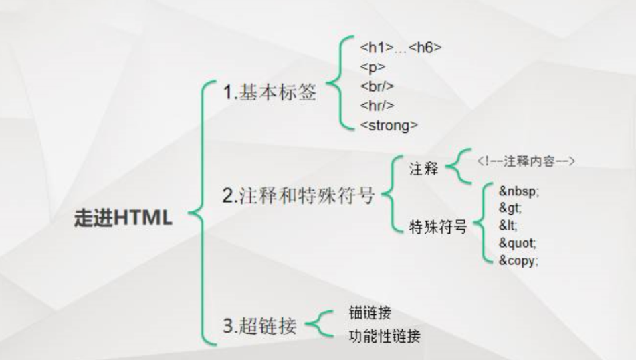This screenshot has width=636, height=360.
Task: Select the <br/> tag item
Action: pyautogui.click(x=377, y=86)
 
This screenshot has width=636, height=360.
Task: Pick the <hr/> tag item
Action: pyautogui.click(x=377, y=106)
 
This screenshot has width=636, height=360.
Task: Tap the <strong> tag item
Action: pyautogui.click(x=389, y=125)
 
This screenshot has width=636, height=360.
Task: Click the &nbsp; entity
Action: pyautogui.click(x=518, y=191)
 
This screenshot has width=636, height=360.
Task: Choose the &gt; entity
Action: pyautogui.click(x=509, y=209)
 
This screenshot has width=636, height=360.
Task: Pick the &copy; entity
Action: pyautogui.click(x=518, y=261)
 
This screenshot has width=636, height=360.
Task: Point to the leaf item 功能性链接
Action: pyautogui.click(x=385, y=337)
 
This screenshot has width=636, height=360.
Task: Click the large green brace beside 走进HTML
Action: pyautogui.click(x=198, y=214)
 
